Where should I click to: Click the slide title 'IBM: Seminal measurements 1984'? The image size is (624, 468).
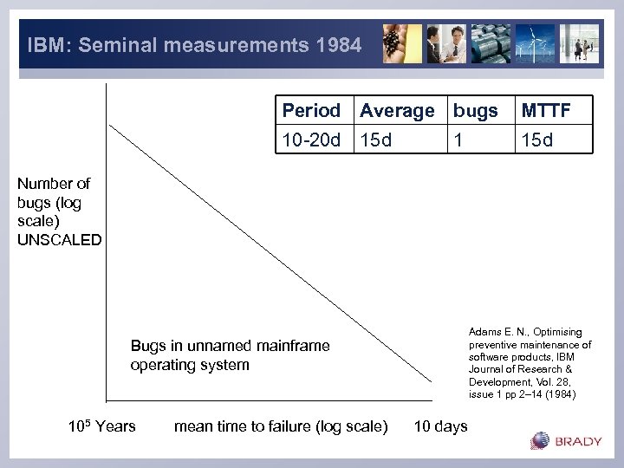pyautogui.click(x=194, y=44)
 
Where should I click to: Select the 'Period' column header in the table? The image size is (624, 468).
pyautogui.click(x=311, y=111)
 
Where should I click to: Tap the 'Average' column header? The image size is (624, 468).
pyautogui.click(x=397, y=111)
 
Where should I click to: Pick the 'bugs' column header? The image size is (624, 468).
pyautogui.click(x=475, y=111)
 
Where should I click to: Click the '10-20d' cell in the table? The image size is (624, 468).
pyautogui.click(x=311, y=139)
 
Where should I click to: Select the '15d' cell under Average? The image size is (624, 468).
pyautogui.click(x=376, y=139)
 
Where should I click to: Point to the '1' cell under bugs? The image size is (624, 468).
pyautogui.click(x=457, y=139)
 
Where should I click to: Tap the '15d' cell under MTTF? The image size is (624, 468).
pyautogui.click(x=536, y=139)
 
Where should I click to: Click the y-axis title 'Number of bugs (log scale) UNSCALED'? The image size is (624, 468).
pyautogui.click(x=59, y=211)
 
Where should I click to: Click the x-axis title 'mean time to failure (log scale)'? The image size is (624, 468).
pyautogui.click(x=281, y=426)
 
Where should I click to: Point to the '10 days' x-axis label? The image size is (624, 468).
pyautogui.click(x=440, y=426)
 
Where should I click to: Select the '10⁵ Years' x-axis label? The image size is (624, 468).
pyautogui.click(x=101, y=425)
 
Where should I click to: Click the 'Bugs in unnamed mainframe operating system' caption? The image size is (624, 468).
pyautogui.click(x=230, y=355)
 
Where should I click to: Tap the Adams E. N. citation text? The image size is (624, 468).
pyautogui.click(x=530, y=363)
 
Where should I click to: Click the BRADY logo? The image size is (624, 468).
pyautogui.click(x=566, y=441)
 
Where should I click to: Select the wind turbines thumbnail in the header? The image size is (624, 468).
pyautogui.click(x=535, y=43)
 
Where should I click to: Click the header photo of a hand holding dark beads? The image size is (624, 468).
pyautogui.click(x=402, y=43)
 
